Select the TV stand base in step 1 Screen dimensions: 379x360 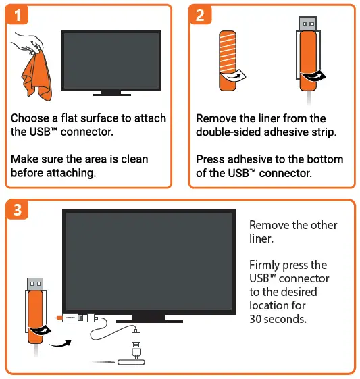(111, 93)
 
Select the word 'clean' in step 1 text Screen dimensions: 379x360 (132, 159)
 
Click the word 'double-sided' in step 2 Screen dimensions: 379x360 (228, 132)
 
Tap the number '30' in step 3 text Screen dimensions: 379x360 (257, 318)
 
